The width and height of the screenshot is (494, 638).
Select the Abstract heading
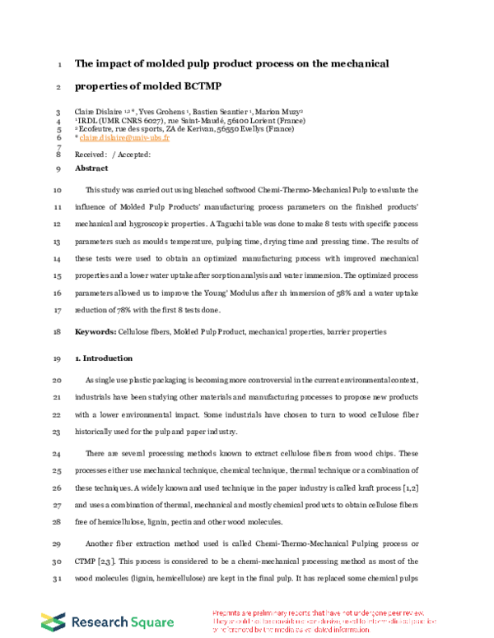(91, 168)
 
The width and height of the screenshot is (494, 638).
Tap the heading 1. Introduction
(103, 358)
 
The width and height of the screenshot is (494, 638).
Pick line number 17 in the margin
(56, 311)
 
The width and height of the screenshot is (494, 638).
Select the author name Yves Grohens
(161, 112)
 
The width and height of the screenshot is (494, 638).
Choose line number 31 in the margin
(56, 568)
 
